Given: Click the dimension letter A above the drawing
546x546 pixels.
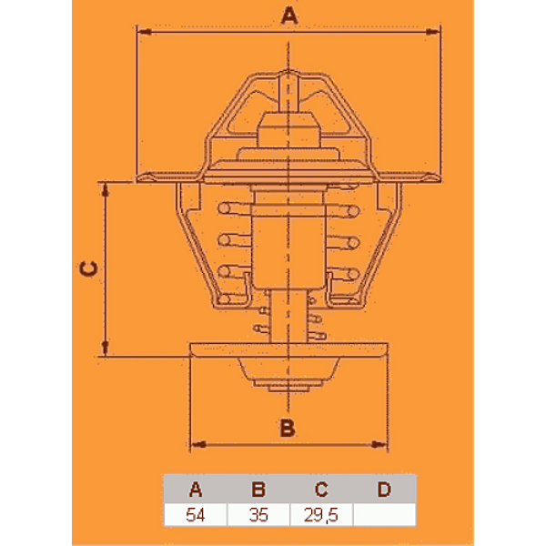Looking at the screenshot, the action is click(x=289, y=15).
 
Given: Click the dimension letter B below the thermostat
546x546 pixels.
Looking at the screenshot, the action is click(x=288, y=428).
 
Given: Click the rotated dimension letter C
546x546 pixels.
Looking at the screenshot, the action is click(x=88, y=269).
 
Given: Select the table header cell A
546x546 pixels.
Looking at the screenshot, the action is click(x=196, y=489).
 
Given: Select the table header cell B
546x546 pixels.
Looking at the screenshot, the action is click(x=258, y=489).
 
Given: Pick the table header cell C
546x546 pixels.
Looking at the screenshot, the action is click(x=321, y=489).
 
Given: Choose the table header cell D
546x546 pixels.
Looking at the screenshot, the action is click(x=384, y=489).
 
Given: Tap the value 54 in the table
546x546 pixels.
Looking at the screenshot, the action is click(x=195, y=515).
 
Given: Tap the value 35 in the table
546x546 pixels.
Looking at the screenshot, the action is click(x=258, y=515).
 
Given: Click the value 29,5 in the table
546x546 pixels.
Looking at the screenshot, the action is click(x=321, y=515).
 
